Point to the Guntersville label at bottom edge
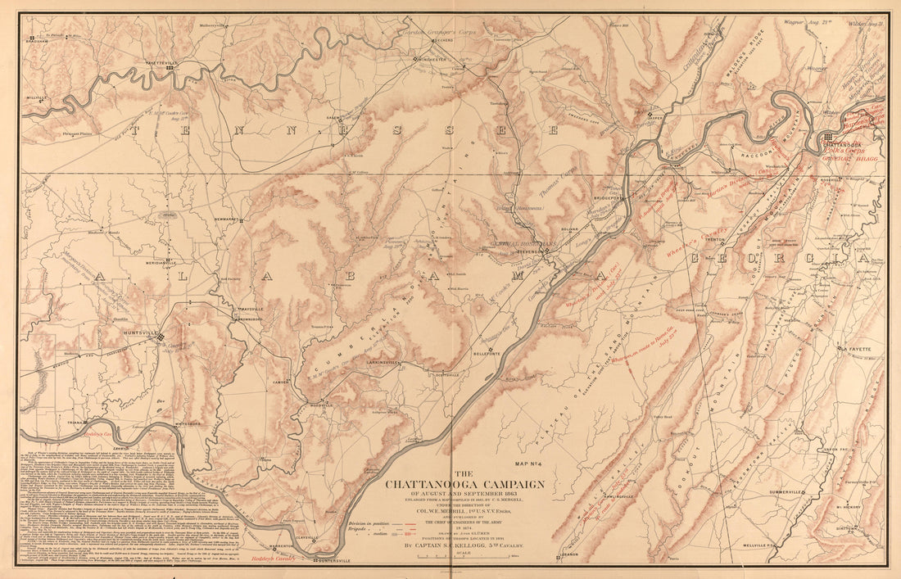tap(335, 561)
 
